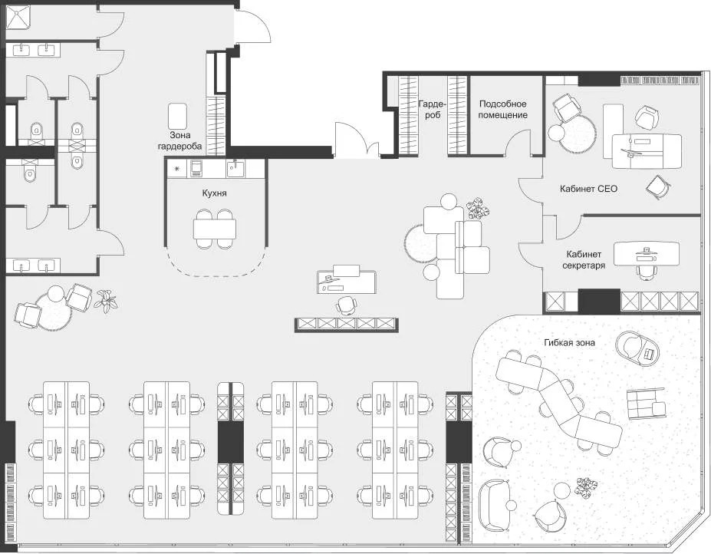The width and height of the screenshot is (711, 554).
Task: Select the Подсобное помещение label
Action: coord(503,109)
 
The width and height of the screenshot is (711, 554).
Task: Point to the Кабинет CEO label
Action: coord(588,187)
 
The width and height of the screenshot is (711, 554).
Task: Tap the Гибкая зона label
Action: coord(568,342)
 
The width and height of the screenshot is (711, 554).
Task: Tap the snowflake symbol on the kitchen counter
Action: coord(177,168)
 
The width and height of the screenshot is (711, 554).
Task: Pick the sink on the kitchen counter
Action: coord(234,167)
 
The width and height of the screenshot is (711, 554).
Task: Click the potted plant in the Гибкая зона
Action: coord(587,486)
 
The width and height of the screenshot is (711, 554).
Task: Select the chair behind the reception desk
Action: coord(347,305)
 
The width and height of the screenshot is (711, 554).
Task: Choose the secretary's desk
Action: coord(647,252)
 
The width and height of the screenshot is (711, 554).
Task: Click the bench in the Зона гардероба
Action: coord(178,115)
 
